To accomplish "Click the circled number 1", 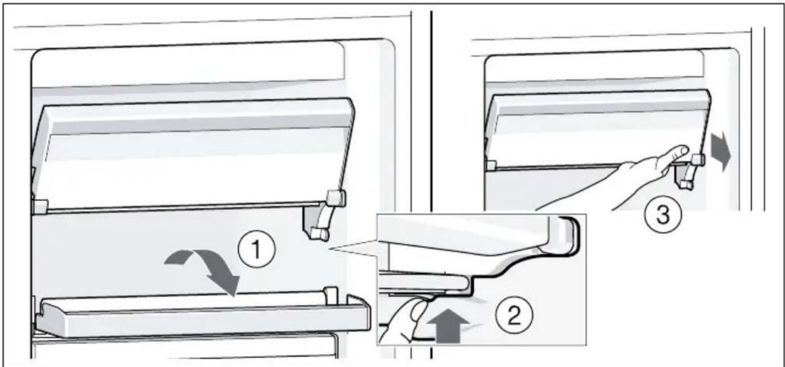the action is pos(257,249).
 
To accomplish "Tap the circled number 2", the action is pos(514,313).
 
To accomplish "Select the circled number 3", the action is pos(663,214).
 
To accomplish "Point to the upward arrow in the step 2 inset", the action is pos(449,326).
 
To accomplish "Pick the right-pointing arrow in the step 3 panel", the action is pos(720,152).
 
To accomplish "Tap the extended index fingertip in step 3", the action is pos(682,151).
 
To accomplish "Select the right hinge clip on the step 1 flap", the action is pos(336,197).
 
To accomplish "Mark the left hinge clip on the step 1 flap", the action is pos(40,207).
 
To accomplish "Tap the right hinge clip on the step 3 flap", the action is pos(697,160).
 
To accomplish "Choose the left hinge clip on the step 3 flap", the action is pos(491,166).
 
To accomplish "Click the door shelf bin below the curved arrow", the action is pos(203,315).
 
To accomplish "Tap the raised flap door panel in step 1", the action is pos(193,154).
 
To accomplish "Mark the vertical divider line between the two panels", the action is pos(431,185).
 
